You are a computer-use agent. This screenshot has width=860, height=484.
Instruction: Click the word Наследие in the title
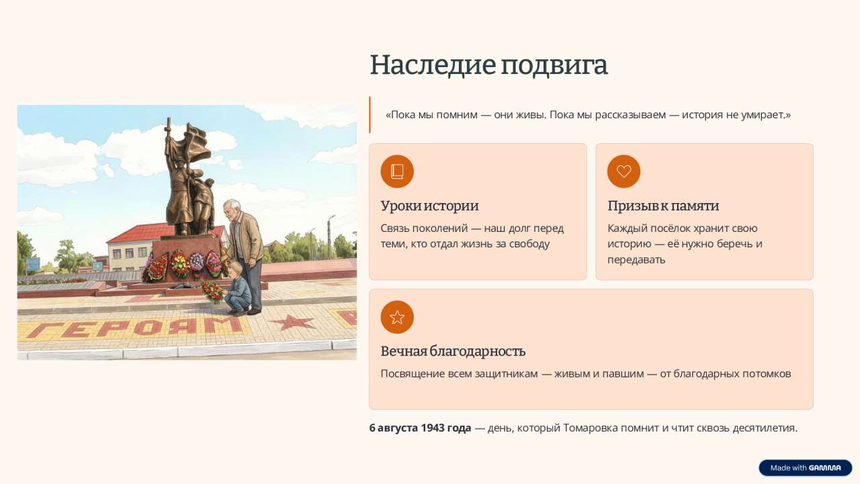[433, 65]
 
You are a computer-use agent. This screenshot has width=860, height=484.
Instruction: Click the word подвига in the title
[554, 66]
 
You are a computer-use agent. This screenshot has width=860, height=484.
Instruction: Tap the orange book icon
[397, 171]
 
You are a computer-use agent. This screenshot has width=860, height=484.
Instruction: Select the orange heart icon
[623, 171]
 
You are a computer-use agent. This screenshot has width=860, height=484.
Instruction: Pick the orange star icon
[397, 317]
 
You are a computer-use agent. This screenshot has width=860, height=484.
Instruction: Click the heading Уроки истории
[429, 206]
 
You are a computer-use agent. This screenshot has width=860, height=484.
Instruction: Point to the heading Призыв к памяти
[663, 206]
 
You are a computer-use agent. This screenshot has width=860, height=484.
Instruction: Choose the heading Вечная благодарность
[453, 352]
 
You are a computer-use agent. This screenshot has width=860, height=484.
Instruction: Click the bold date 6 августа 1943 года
[420, 428]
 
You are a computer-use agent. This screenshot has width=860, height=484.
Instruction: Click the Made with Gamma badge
[805, 468]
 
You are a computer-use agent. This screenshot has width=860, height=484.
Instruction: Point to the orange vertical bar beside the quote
[370, 114]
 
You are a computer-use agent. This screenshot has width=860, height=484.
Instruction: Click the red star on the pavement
[292, 322]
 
